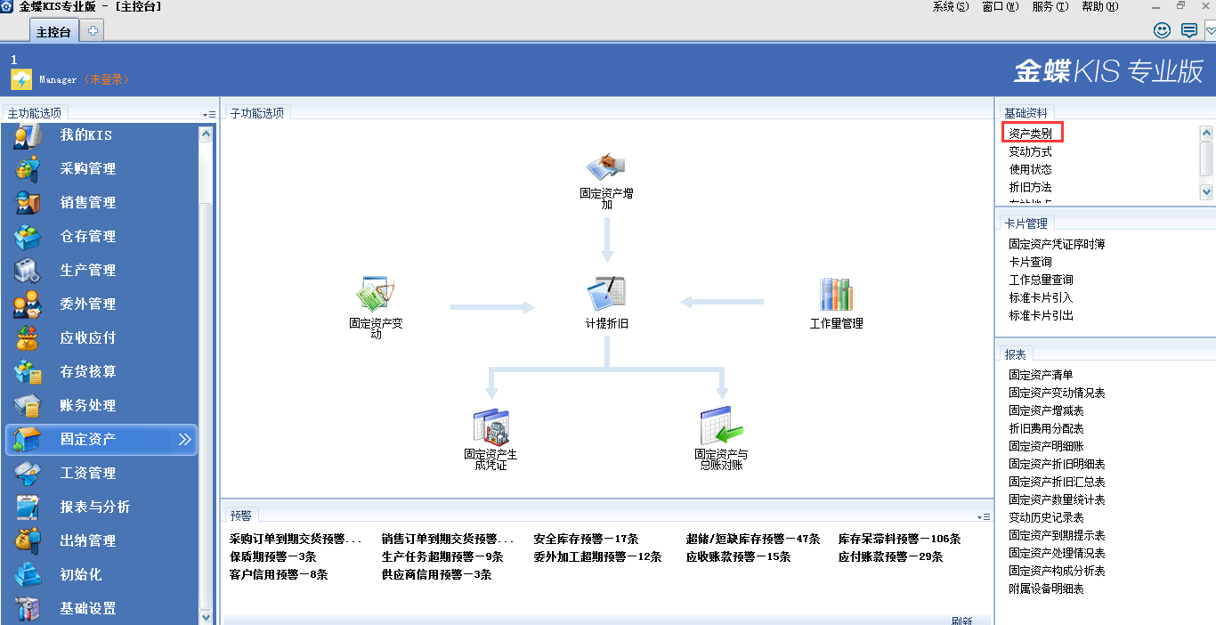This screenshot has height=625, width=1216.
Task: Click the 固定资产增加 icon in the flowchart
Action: (606, 166)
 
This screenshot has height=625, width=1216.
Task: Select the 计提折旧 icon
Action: (606, 295)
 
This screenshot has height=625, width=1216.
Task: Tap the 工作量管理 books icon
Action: (836, 295)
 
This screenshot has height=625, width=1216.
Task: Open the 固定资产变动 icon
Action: (376, 295)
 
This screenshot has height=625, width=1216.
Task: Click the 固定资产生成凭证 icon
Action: (490, 426)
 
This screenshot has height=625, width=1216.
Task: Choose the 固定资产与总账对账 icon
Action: (721, 426)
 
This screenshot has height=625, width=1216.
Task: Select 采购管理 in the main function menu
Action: (87, 169)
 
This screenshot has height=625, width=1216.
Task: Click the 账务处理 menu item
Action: (87, 406)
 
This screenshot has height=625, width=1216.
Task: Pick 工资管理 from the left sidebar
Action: (87, 474)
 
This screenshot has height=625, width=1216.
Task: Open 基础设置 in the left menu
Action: (87, 609)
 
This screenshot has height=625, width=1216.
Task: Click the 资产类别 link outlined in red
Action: (1031, 134)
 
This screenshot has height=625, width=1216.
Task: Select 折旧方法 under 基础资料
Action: (1030, 187)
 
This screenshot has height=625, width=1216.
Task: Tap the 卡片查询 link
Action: (1030, 262)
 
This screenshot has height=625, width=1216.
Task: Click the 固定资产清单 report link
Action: (1041, 375)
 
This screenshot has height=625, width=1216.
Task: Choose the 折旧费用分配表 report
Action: (1046, 428)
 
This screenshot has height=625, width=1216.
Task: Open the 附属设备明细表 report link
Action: (1046, 588)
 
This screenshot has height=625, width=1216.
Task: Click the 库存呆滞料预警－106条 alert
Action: (899, 539)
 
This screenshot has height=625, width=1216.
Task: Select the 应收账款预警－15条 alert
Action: (738, 556)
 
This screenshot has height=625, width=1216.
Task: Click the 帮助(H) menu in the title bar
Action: (1099, 6)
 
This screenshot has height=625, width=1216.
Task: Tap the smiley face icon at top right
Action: (1162, 30)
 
